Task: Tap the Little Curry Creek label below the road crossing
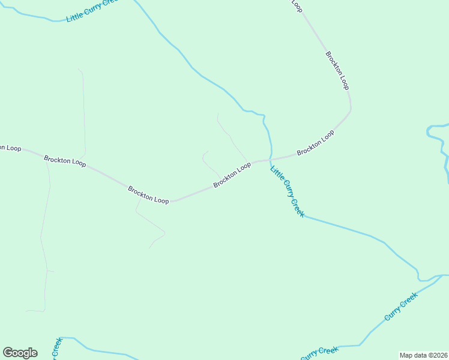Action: coord(288,191)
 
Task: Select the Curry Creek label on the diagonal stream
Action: coord(401,306)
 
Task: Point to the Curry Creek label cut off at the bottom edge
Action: coord(319,353)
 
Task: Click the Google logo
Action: coord(20,353)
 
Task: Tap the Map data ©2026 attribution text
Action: coord(423,355)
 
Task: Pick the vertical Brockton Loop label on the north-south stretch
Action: coord(337,70)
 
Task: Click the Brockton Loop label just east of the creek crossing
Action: coord(315,143)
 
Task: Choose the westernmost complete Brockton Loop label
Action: coord(65,161)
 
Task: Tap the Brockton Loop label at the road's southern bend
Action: coord(148,195)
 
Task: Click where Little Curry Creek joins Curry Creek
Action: coord(422,280)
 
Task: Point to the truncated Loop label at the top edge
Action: coord(296,5)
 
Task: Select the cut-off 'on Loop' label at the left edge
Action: coord(10,148)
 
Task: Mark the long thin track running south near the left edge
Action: coord(43,240)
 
